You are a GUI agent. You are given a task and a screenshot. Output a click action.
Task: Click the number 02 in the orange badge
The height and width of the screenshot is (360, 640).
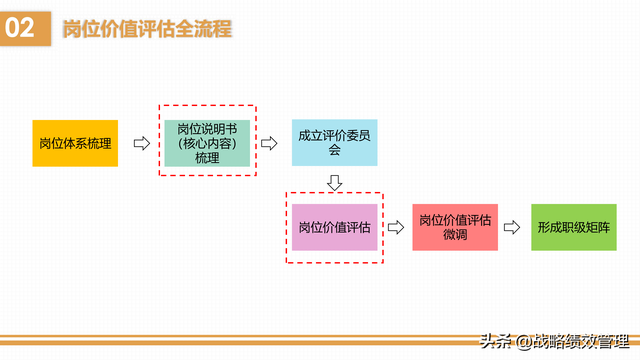22,29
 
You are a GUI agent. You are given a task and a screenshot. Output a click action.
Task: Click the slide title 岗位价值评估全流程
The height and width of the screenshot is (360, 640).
147,29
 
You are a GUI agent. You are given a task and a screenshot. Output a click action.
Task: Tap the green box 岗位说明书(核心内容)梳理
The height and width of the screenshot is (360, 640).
207,143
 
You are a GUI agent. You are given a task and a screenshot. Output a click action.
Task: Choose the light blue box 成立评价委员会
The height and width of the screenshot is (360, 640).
335,143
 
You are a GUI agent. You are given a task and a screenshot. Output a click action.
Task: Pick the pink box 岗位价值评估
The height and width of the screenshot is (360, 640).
335,227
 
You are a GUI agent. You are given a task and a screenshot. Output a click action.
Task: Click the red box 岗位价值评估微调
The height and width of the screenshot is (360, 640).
455,227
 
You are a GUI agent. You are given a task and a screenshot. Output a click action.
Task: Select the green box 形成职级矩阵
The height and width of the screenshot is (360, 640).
573,227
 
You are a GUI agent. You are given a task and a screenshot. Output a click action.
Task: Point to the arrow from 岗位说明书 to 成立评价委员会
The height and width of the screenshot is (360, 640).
269,143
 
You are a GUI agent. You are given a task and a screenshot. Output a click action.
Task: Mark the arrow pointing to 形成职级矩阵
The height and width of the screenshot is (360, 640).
514,227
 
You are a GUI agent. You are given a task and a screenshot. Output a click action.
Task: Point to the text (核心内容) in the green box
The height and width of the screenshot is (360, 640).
207,143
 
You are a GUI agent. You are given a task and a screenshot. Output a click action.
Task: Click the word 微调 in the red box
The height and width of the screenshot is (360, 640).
455,235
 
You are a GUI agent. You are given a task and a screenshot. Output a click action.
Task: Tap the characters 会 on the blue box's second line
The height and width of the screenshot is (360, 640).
335,151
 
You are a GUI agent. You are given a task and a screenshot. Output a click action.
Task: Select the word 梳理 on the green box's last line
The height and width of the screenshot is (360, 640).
207,158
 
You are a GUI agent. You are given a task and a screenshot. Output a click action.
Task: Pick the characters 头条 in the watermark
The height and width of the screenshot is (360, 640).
496,339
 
